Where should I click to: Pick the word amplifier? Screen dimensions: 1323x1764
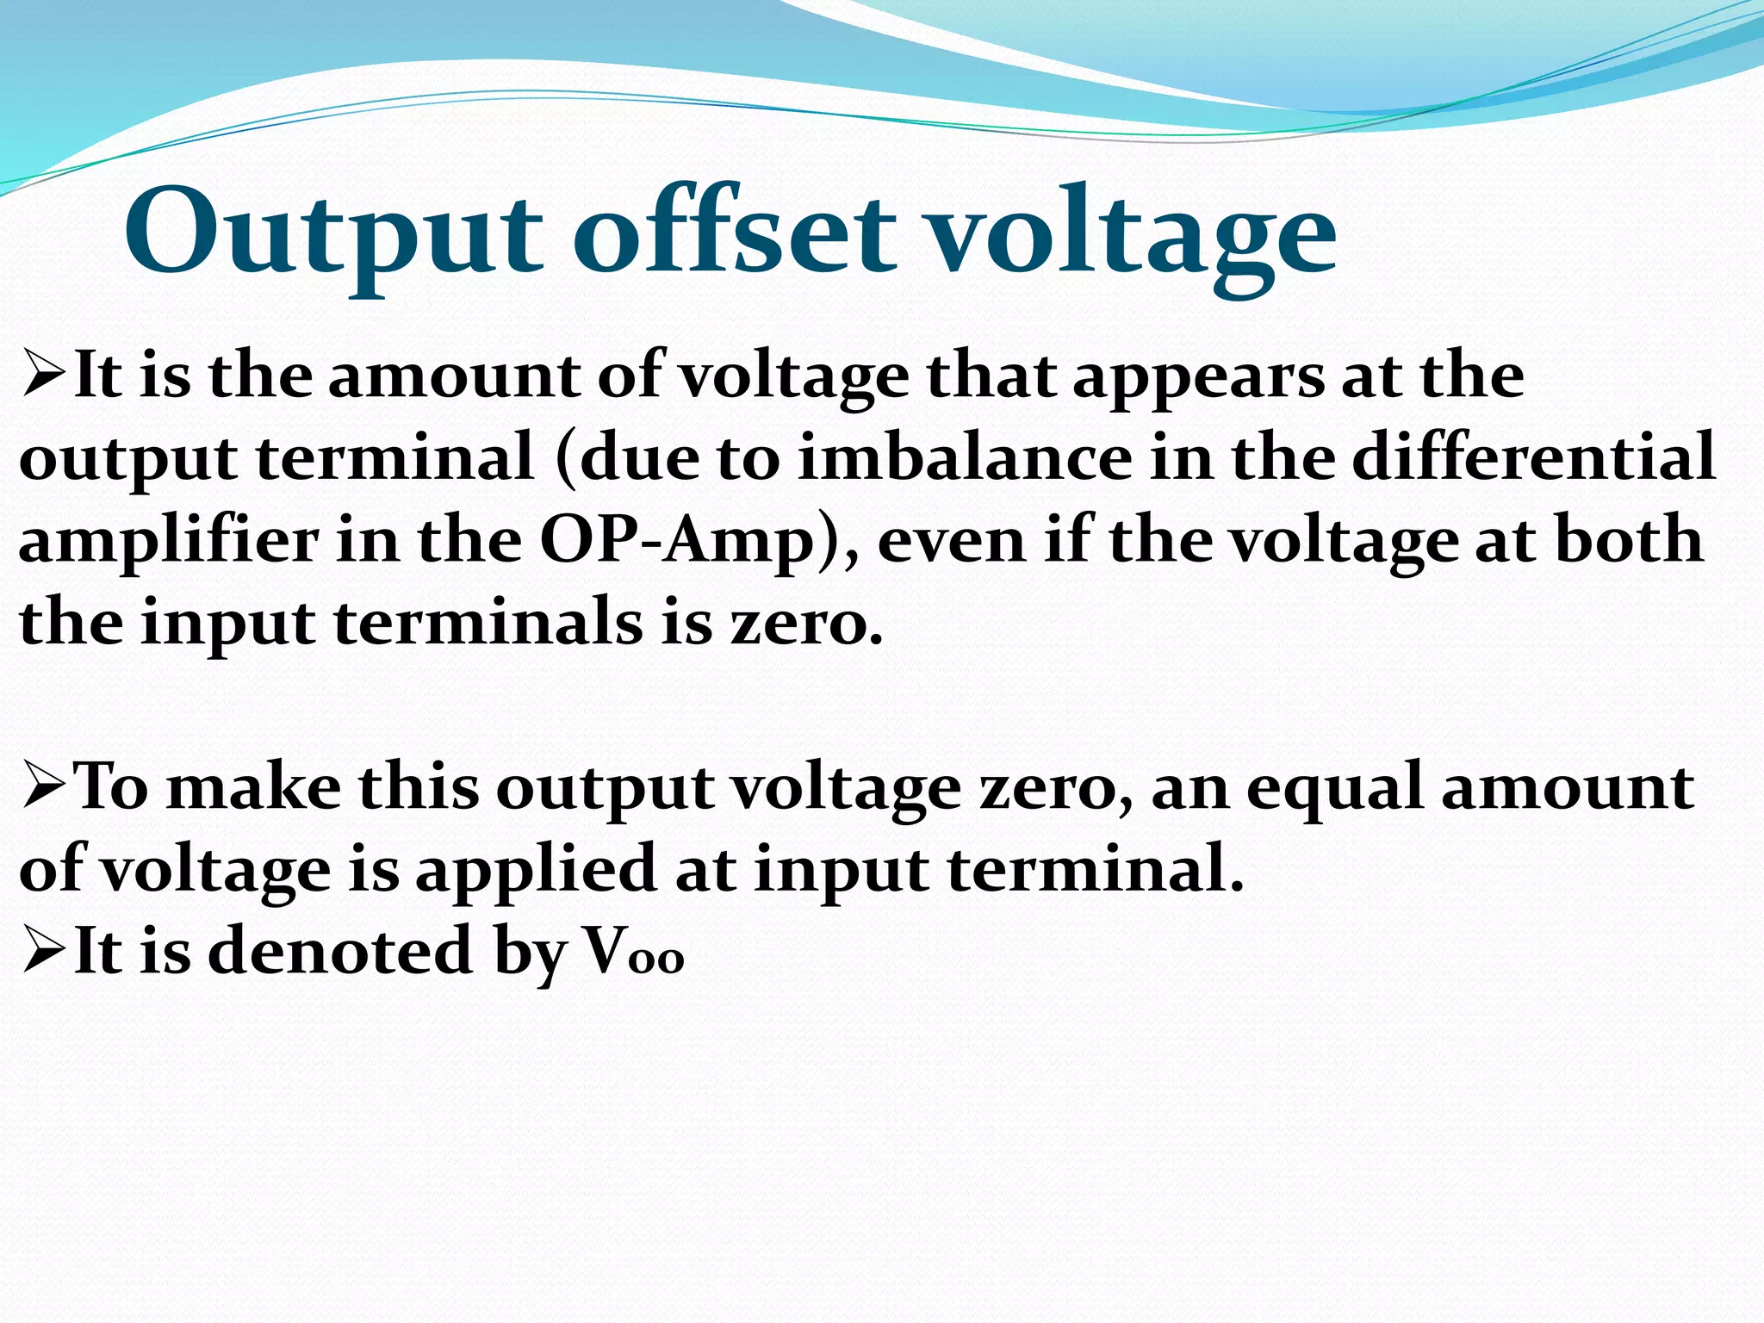pos(169,543)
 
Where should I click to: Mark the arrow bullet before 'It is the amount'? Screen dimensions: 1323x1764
pos(44,378)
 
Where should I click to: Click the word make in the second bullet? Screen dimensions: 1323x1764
pos(254,788)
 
